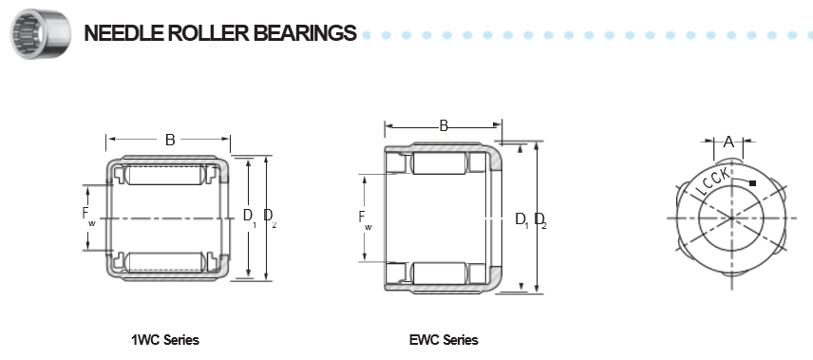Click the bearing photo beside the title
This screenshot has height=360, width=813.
tap(41, 34)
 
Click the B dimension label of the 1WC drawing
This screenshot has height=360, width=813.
tap(170, 140)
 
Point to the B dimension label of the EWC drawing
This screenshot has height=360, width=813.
tap(444, 125)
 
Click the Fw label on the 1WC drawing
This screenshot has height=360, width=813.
tap(88, 216)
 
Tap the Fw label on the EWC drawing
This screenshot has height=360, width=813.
tap(365, 218)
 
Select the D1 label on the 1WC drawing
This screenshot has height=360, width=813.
tap(250, 217)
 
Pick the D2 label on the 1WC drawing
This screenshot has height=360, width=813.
tap(270, 217)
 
